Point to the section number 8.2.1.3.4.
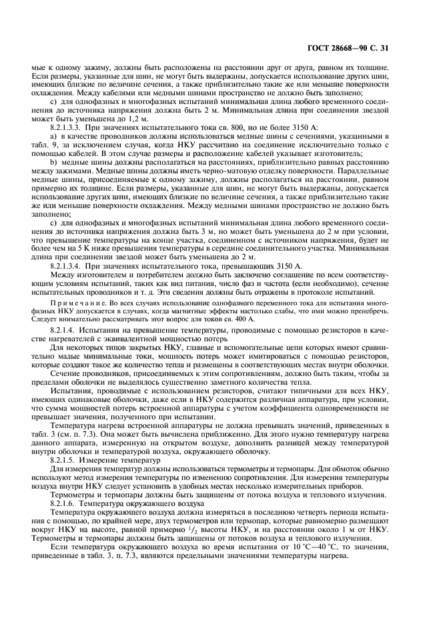[69, 266]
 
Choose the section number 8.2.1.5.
[66, 460]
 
